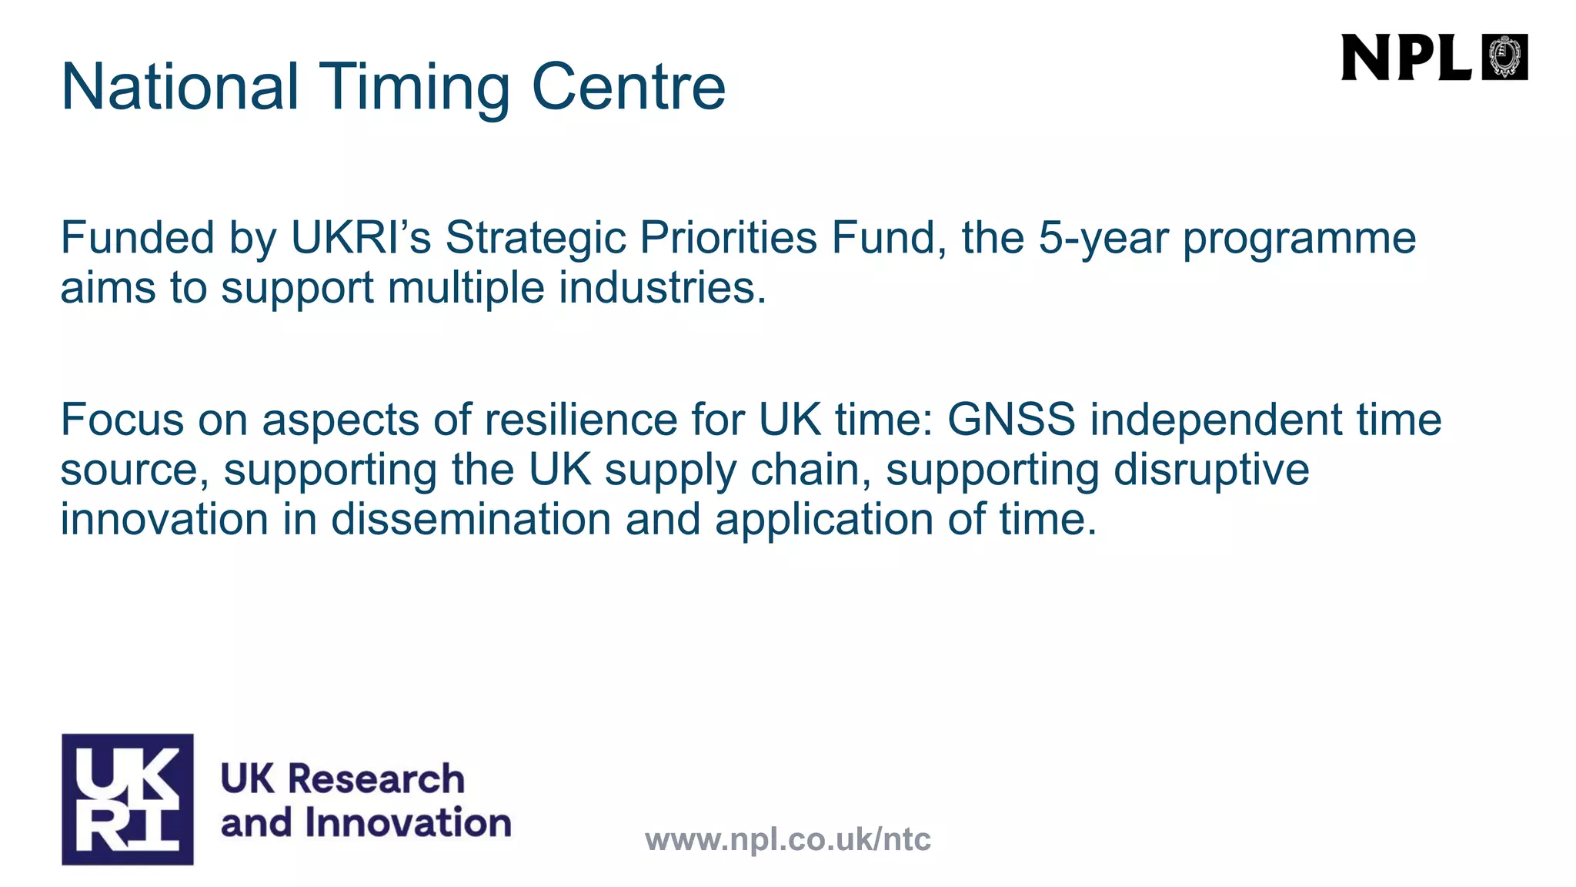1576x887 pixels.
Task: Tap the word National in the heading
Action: [179, 86]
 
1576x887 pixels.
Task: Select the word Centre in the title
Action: [628, 86]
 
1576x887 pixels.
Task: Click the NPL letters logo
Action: [1406, 58]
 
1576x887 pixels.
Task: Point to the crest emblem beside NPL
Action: [1504, 58]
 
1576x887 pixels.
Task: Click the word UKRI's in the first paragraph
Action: [361, 237]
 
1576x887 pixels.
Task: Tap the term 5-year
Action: [1104, 239]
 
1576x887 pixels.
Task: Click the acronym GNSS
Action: [1011, 420]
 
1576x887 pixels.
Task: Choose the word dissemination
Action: [471, 519]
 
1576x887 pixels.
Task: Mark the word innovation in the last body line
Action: [164, 519]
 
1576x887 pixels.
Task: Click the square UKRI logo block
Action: [128, 799]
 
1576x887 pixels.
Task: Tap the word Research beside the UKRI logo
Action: [376, 778]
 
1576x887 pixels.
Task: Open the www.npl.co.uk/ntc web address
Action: [788, 839]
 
